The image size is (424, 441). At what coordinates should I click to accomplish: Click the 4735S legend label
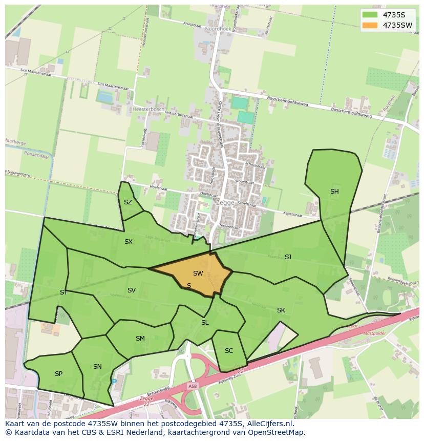click(394, 15)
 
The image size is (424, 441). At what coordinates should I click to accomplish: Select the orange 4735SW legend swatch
click(369, 25)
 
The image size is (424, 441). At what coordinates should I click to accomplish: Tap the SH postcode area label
click(334, 192)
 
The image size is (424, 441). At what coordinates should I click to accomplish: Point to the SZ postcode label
click(128, 202)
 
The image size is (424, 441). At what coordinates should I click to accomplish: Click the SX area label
click(129, 241)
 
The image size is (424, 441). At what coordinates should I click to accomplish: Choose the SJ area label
click(288, 257)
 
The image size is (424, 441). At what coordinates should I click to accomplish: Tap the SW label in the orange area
click(198, 274)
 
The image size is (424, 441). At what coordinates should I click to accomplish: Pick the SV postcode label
click(132, 290)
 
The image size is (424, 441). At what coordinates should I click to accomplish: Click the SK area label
click(281, 310)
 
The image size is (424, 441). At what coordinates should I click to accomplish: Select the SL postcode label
click(205, 323)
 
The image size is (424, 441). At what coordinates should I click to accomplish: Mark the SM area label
click(140, 339)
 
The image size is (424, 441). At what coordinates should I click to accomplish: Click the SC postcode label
click(229, 351)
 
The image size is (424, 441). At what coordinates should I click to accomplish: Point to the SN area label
click(97, 366)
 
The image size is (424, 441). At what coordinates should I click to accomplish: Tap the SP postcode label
click(58, 374)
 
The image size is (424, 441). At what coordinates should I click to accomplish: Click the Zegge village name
click(225, 202)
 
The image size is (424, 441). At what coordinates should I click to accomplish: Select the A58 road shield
click(193, 386)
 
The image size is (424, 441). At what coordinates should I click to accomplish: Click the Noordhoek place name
click(218, 29)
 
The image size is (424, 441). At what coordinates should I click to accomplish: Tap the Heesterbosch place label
click(149, 109)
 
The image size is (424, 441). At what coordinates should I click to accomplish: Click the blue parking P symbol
click(114, 382)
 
